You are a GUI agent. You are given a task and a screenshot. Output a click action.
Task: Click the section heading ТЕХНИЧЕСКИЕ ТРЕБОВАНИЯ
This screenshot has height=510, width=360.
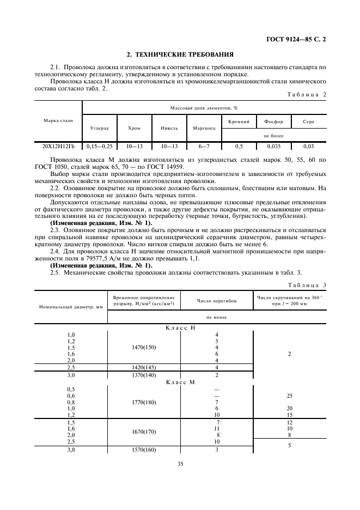pyautogui.click(x=180, y=54)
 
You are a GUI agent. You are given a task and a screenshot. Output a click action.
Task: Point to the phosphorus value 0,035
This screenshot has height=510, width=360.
pyautogui.click(x=273, y=146)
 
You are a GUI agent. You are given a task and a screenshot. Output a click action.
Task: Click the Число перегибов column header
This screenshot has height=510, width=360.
pyautogui.click(x=217, y=301)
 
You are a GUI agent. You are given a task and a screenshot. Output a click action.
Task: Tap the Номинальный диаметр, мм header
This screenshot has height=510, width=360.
pyautogui.click(x=71, y=307)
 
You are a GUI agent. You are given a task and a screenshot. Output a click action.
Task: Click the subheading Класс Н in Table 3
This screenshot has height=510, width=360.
pyautogui.click(x=180, y=328)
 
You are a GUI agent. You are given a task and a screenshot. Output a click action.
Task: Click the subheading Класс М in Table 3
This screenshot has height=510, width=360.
pyautogui.click(x=180, y=382)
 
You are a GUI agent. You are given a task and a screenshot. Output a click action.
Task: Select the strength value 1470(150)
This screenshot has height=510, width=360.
pyautogui.click(x=144, y=347)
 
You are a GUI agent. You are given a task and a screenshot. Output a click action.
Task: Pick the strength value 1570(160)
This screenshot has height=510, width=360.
pyautogui.click(x=144, y=450)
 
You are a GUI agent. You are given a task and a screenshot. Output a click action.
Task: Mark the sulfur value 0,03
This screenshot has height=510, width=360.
pyautogui.click(x=308, y=146)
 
